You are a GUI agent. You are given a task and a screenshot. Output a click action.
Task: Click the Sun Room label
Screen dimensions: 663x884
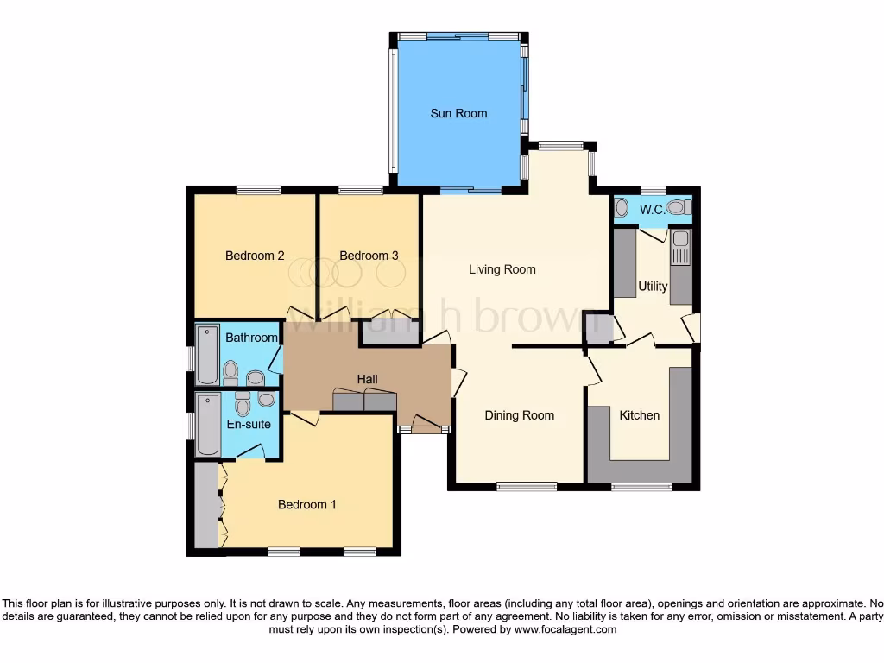[x=458, y=113]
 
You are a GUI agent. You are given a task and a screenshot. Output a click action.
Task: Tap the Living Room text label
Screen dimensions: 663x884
[x=502, y=269]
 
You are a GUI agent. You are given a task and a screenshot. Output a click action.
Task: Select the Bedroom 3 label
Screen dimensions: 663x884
[x=369, y=256]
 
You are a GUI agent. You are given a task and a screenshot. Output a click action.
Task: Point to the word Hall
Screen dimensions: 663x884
[x=368, y=379]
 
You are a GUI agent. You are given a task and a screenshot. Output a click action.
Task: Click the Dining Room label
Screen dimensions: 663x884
[x=519, y=415]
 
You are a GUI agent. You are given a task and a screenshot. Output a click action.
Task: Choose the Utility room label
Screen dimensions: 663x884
[x=653, y=286]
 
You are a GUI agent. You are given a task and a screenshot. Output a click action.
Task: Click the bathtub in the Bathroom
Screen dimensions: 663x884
[x=207, y=355]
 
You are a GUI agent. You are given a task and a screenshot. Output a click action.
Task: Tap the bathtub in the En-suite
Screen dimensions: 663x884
[x=207, y=424]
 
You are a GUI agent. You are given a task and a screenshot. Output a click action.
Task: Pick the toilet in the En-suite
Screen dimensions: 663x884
[x=243, y=404]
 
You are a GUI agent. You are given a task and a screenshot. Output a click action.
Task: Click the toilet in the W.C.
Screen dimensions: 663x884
[x=679, y=207]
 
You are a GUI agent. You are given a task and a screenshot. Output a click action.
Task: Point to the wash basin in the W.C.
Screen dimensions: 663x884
[x=622, y=208]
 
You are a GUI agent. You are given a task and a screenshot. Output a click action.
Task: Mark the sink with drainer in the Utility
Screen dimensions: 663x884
[x=681, y=247]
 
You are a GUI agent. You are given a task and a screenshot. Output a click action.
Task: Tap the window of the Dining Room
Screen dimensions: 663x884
[x=527, y=486]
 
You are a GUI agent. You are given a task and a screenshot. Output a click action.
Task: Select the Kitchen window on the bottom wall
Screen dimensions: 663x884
[x=641, y=488]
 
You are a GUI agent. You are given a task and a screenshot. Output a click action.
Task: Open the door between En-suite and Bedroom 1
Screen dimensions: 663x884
[x=251, y=452]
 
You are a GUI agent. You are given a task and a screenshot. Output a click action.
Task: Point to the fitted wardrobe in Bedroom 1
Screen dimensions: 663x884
[x=206, y=505]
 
